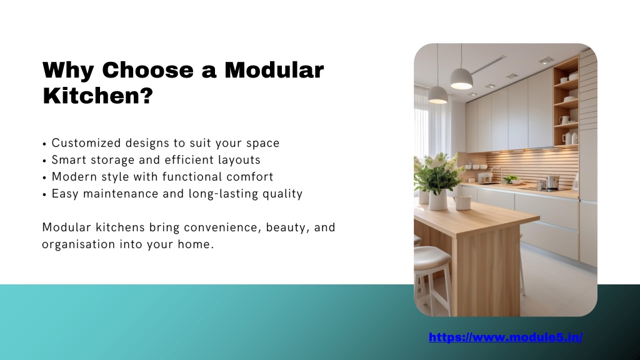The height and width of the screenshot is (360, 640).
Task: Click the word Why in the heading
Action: (x=68, y=70)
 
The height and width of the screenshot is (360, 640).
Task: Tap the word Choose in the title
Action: (x=147, y=70)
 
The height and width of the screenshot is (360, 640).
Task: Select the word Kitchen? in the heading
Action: (x=97, y=96)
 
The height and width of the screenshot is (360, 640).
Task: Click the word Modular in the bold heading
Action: (x=274, y=70)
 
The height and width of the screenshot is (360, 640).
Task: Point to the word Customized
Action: (x=86, y=143)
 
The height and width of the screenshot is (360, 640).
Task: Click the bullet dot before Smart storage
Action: (x=44, y=161)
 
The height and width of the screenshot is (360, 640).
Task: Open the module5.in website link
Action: (x=505, y=337)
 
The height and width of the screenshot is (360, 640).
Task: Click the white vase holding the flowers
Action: (x=438, y=199)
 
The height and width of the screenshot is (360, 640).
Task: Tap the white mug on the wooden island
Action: (x=463, y=202)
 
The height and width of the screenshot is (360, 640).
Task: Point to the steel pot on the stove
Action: (x=552, y=182)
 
